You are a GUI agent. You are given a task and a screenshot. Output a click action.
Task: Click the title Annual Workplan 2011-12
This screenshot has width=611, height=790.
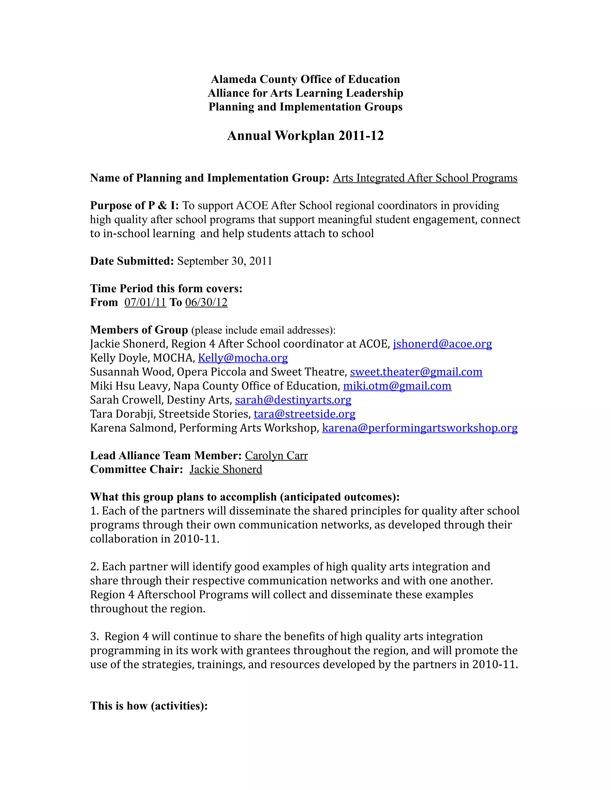(305, 136)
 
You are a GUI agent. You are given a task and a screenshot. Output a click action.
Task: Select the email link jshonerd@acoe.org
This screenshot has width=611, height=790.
(442, 344)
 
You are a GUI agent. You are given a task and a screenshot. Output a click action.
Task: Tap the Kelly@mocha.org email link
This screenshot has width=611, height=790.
(243, 358)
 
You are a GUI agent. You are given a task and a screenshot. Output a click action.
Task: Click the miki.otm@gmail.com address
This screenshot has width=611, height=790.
(397, 386)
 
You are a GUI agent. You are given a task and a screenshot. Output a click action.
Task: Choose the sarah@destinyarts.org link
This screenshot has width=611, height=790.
(293, 400)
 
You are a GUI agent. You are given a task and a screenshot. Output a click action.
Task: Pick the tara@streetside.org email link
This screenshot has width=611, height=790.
(304, 414)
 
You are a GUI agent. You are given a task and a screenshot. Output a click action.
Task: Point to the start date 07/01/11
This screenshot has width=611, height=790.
(145, 302)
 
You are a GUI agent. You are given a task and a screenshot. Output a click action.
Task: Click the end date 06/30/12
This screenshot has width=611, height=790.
(206, 302)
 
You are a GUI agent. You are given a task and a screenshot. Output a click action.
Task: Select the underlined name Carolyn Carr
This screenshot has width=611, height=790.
(276, 456)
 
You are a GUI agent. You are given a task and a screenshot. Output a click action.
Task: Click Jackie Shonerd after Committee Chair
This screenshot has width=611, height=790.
(226, 470)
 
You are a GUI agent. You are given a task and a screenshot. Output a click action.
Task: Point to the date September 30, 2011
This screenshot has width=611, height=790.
(224, 261)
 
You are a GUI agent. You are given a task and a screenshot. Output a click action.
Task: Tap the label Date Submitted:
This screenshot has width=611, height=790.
(132, 261)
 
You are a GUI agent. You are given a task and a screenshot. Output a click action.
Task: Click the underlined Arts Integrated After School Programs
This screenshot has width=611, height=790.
(425, 178)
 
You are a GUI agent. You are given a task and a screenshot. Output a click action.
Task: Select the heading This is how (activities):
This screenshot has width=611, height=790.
(149, 706)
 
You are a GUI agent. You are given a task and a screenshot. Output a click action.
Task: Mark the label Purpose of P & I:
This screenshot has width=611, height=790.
(134, 205)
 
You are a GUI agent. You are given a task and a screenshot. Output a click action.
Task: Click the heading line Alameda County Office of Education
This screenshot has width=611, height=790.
(305, 79)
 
